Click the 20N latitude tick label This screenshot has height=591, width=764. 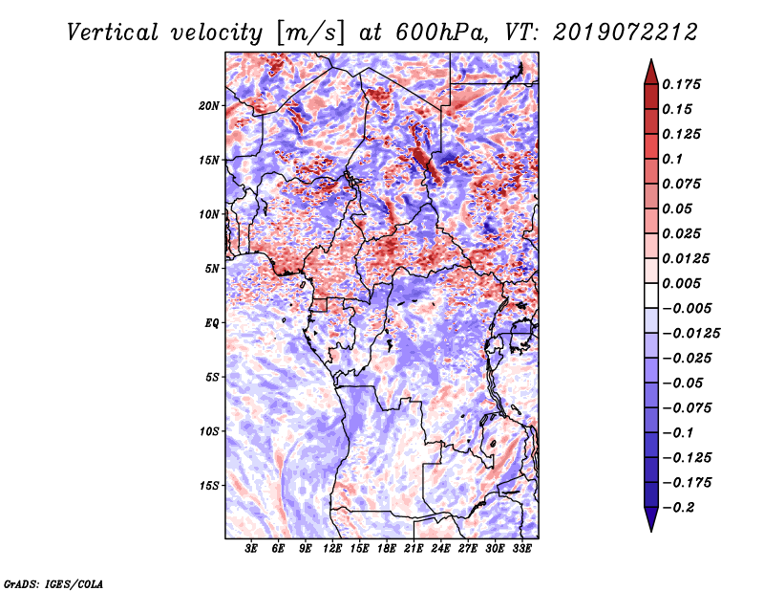coord(209,105)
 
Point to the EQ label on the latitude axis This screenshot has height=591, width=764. coord(212,322)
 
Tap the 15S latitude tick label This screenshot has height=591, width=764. coord(209,486)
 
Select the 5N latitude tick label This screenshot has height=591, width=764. coord(212,269)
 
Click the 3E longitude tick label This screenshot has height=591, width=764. coord(251,548)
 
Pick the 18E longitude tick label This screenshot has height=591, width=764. coord(387,548)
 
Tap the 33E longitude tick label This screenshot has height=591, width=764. coord(521,548)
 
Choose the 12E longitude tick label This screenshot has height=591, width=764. coord(332,548)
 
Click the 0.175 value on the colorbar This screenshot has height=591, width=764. coord(681,84)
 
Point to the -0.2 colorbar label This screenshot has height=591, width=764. coord(678,508)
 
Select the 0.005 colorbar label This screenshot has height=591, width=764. coord(681,283)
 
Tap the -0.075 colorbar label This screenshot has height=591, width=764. coord(687,408)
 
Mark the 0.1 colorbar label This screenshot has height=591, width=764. coord(672,159)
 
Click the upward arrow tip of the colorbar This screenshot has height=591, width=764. coord(651,59)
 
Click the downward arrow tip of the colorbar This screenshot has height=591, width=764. coord(651,532)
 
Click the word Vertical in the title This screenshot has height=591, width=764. coord(113,33)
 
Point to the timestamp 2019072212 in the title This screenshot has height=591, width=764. coord(626,33)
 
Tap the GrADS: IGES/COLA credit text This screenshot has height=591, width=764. coord(53,583)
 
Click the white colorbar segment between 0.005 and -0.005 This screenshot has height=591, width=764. coord(651,295)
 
